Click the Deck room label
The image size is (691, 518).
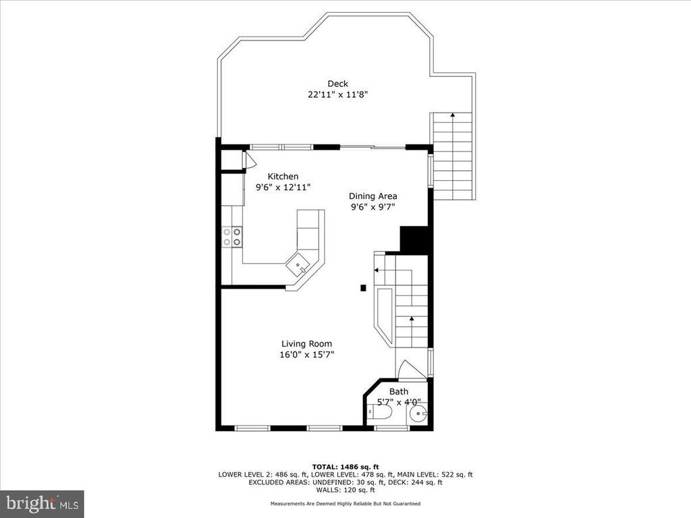(x=337, y=84)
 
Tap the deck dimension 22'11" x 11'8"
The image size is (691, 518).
(x=337, y=94)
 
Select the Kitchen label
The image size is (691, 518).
(x=283, y=177)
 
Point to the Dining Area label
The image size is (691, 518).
(x=372, y=196)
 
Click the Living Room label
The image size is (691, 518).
(x=307, y=344)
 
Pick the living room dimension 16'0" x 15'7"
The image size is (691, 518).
(x=307, y=355)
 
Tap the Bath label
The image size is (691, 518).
(x=399, y=392)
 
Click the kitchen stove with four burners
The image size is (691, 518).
(x=232, y=237)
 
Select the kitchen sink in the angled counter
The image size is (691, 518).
(x=298, y=264)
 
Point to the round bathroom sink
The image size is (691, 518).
(x=417, y=413)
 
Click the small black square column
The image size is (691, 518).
(x=363, y=288)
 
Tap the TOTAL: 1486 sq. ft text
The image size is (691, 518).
(x=345, y=467)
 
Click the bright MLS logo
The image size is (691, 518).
(x=41, y=503)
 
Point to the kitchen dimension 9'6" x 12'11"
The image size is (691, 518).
(x=283, y=188)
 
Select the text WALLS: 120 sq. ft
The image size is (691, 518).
(x=345, y=490)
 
